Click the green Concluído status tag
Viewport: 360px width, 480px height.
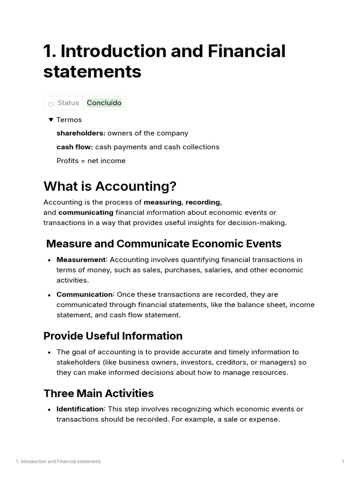point(104,103)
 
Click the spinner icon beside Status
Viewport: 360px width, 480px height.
point(51,104)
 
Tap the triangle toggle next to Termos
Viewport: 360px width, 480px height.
point(51,120)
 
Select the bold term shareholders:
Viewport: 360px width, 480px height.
point(81,133)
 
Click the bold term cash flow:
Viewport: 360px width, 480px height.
point(75,147)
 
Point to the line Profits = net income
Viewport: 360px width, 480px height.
point(91,161)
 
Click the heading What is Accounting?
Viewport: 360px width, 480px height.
point(110,186)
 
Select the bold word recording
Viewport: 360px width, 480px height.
point(202,202)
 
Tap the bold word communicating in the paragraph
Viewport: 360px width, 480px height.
point(86,212)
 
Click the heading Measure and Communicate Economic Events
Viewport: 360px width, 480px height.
point(164,244)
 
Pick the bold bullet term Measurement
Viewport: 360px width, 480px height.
point(81,260)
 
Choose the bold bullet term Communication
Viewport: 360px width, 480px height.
point(84,294)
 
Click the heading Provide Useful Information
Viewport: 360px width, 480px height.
point(113,336)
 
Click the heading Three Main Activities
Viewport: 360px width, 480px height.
point(98,393)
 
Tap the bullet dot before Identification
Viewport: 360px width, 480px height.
point(49,410)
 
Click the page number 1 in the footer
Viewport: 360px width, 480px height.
point(343,462)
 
